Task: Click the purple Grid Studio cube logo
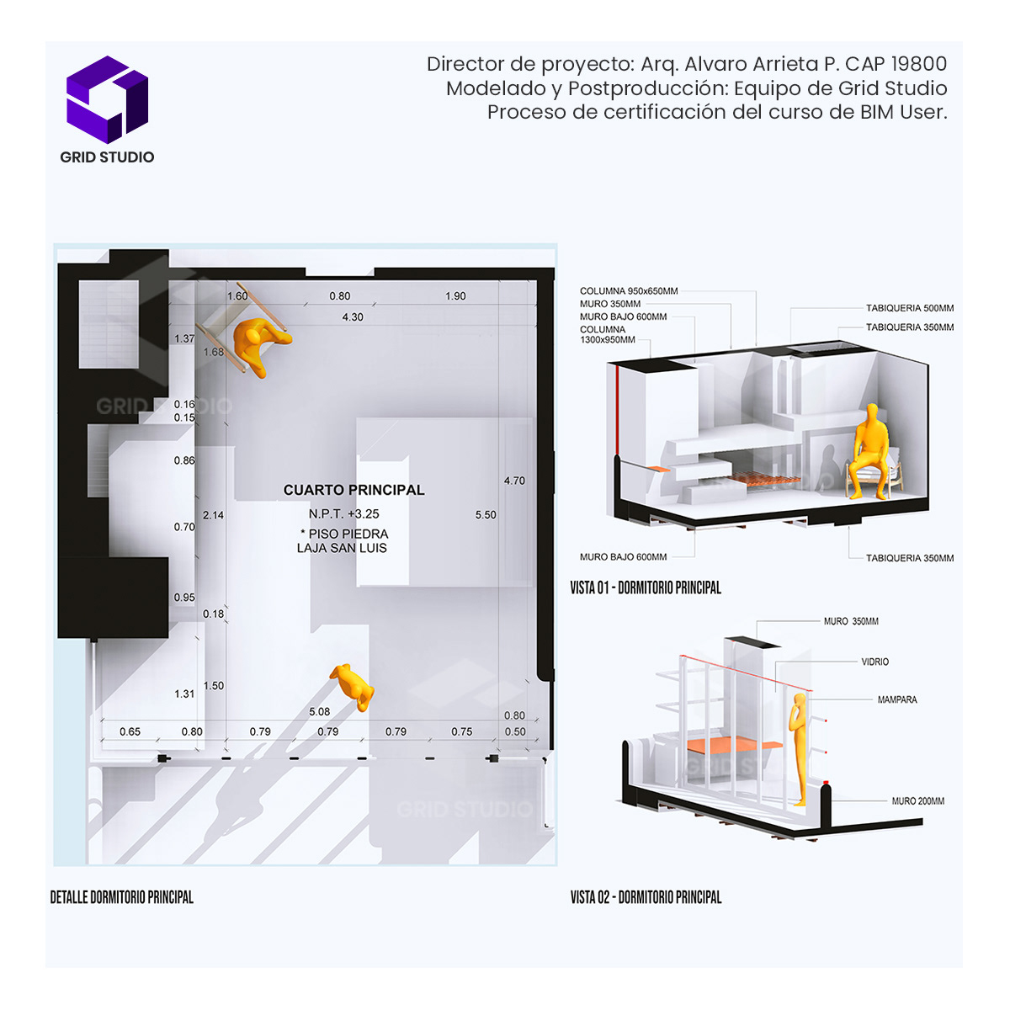(x=107, y=98)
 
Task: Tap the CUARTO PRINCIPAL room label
(x=353, y=490)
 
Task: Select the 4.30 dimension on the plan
(x=353, y=317)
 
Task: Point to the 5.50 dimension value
(x=486, y=514)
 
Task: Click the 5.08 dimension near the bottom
(x=320, y=712)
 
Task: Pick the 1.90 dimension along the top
(x=455, y=296)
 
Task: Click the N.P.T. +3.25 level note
(x=343, y=513)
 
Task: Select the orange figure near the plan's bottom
(x=354, y=685)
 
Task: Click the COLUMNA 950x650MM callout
(x=629, y=291)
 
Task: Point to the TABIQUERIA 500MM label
(x=910, y=308)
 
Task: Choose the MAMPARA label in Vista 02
(x=897, y=699)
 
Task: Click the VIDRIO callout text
(x=874, y=662)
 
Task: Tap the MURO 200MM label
(x=917, y=801)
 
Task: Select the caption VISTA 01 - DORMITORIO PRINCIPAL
(x=646, y=587)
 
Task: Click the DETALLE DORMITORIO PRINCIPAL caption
(x=122, y=897)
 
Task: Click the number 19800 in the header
(x=919, y=64)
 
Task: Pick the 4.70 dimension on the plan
(x=514, y=481)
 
